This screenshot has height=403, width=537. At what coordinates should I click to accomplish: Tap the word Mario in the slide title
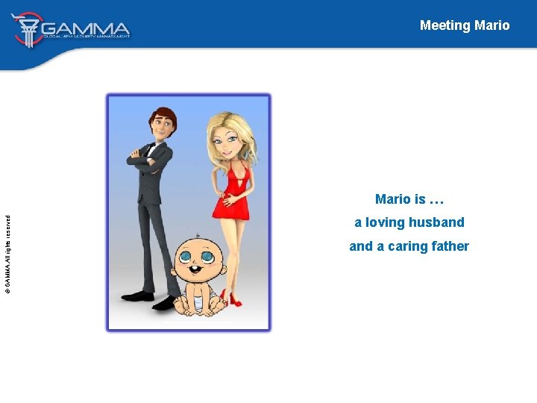pyautogui.click(x=492, y=25)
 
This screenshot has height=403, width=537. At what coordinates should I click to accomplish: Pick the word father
pyautogui.click(x=449, y=246)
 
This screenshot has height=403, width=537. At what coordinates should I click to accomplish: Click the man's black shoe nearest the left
pyautogui.click(x=138, y=296)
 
